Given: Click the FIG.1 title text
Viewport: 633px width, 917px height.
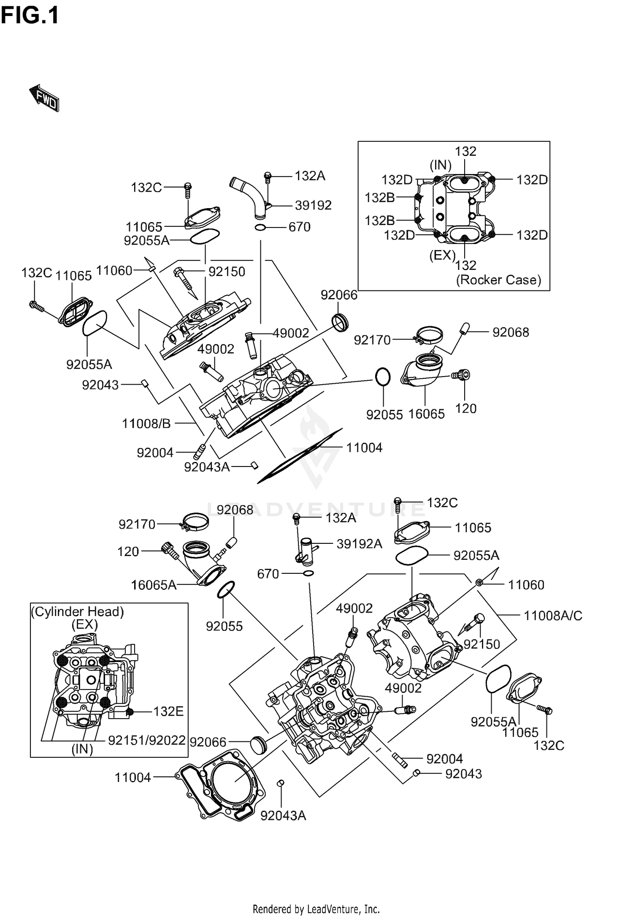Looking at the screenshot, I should pos(30,16).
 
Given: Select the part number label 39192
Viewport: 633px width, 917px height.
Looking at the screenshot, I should pos(313,206).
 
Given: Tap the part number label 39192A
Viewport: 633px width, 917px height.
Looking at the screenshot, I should pos(359,544).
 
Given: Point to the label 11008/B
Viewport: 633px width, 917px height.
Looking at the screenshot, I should pos(146,423).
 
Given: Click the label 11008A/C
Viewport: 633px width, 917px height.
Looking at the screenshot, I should pos(553,616).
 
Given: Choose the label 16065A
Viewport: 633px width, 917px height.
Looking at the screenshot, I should pos(154,585).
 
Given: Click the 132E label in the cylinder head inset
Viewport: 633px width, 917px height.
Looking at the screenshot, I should pos(168,712).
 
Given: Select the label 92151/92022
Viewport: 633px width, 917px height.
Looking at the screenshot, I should pos(147,740).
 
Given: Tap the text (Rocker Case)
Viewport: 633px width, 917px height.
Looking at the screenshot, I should pos(498,280).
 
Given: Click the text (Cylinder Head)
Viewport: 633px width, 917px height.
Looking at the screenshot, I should pos(78,612).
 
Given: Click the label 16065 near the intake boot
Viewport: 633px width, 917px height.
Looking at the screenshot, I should pos(426,414).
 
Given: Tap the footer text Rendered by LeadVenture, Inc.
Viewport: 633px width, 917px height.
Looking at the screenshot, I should pos(316,909).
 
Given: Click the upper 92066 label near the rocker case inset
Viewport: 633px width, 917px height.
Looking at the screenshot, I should pos(339,295).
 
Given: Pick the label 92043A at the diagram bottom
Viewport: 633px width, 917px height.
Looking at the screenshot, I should pos(283,816).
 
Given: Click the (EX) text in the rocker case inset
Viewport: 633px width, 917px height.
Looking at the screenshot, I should pos(442,255).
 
